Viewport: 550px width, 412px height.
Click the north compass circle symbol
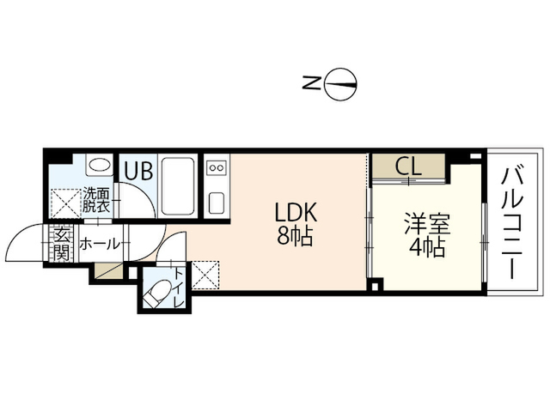pos(340,70)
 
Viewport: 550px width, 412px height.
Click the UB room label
pos(139,170)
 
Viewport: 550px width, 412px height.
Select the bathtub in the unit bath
pos(178,185)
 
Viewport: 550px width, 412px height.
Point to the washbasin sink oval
pos(100,164)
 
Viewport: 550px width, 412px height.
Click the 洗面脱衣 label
pos(96,200)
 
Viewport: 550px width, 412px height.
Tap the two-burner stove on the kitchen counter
pos(217,168)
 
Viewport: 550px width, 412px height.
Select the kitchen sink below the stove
pos(217,203)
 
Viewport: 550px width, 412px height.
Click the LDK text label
pos(296,212)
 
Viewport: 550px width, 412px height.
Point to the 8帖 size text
pos(295,236)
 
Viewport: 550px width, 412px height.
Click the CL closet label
pos(408,166)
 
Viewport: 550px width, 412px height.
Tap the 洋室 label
pos(427,223)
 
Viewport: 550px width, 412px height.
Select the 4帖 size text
pos(427,247)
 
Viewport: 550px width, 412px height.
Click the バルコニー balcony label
pos(512,224)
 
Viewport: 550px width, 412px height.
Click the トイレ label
pos(179,288)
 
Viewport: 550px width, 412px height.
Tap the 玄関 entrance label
pos(62,244)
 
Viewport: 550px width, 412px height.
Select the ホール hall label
pos(100,244)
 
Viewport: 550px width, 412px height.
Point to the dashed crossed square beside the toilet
pos(205,276)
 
